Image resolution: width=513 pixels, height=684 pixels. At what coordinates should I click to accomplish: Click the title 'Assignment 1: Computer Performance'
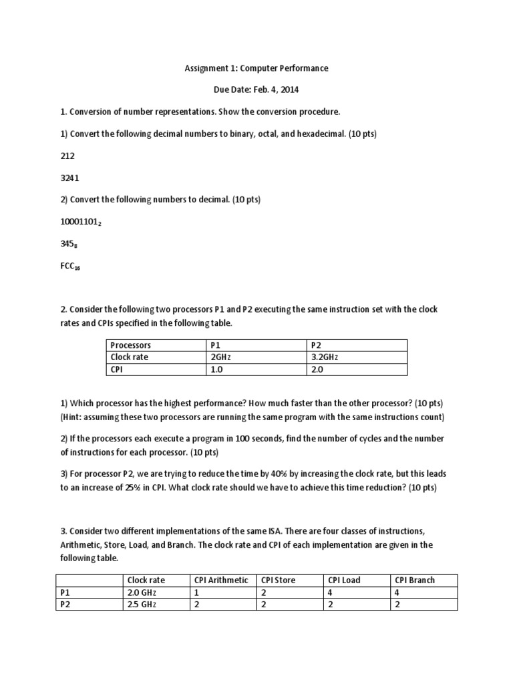coord(256,68)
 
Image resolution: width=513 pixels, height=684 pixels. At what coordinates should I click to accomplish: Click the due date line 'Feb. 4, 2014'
coord(256,90)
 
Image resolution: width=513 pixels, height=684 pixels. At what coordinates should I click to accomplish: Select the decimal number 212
coord(68,156)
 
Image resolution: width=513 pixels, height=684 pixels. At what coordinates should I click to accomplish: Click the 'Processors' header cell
coord(131,345)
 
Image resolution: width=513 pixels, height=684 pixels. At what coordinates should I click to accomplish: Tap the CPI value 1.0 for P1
coord(216,369)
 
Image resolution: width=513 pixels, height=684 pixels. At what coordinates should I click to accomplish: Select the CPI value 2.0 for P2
coord(317,369)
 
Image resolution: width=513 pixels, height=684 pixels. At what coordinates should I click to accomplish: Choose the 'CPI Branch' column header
coord(415,580)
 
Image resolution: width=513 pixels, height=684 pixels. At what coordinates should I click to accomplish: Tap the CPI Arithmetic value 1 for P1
coord(198,592)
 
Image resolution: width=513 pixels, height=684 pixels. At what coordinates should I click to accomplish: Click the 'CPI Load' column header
coord(344,580)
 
